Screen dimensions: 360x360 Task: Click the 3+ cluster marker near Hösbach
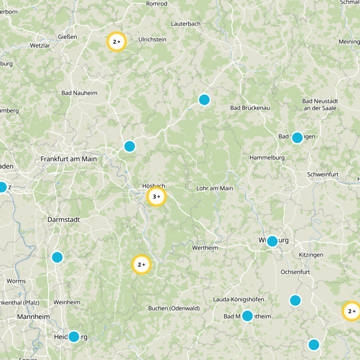pos(157,197)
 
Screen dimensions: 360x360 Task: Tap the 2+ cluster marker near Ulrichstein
pos(117,42)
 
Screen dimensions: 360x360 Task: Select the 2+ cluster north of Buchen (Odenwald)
pos(141,265)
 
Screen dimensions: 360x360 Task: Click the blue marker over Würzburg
pos(272,242)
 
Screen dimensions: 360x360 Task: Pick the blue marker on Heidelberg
pos(74,337)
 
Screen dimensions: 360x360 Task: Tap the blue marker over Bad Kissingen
pos(297,138)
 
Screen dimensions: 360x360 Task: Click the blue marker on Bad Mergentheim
pos(247,316)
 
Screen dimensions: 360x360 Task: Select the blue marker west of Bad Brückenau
pos(204,99)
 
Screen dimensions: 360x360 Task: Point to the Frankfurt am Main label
pos(68,159)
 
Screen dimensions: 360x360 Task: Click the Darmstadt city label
pos(63,220)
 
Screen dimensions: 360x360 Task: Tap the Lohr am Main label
pos(215,188)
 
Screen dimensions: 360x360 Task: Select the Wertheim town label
pos(205,248)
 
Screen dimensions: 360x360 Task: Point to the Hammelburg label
pos(267,158)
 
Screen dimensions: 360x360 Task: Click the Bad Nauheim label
pos(79,93)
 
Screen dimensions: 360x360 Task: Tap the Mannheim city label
pos(33,316)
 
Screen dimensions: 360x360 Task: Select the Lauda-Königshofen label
pos(238,299)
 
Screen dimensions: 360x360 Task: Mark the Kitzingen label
pos(311,255)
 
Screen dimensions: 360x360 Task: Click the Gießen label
pos(67,36)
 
